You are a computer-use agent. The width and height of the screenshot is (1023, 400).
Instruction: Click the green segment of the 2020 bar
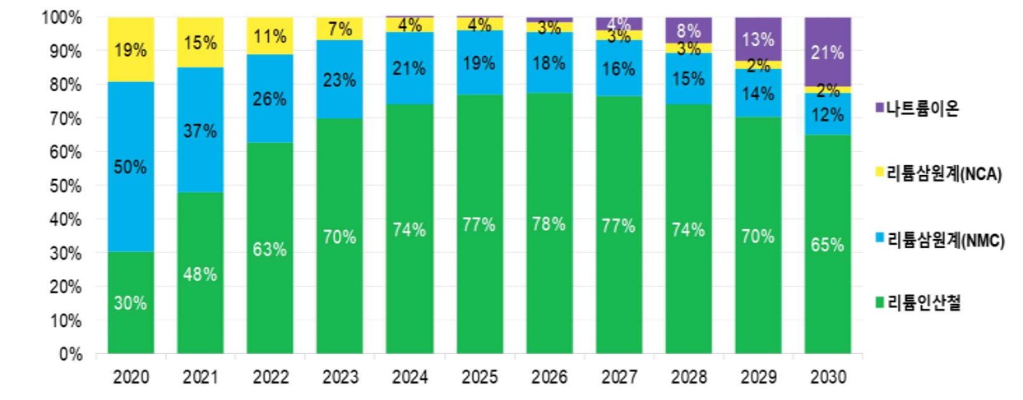[130, 303]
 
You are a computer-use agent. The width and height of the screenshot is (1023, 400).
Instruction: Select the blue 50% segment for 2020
[130, 167]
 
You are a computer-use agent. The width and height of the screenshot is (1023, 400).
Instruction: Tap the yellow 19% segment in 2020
[130, 49]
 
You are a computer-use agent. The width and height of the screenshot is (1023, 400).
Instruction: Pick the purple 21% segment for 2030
[827, 52]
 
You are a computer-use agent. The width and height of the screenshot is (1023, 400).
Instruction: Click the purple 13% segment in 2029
[757, 39]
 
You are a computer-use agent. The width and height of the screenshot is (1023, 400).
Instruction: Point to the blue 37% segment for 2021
[200, 130]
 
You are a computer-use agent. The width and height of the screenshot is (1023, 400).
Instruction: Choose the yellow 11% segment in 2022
[270, 36]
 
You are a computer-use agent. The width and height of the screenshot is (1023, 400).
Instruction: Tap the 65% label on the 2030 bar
[827, 244]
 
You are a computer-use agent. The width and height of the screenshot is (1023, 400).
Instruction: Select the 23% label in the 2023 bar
[340, 80]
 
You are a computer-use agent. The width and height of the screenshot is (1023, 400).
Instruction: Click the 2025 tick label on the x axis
[479, 379]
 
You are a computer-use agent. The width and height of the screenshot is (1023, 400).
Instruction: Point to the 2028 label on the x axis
[688, 379]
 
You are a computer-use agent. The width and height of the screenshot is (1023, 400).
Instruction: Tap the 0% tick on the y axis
[72, 355]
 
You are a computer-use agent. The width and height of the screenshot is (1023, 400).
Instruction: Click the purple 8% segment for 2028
[688, 30]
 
